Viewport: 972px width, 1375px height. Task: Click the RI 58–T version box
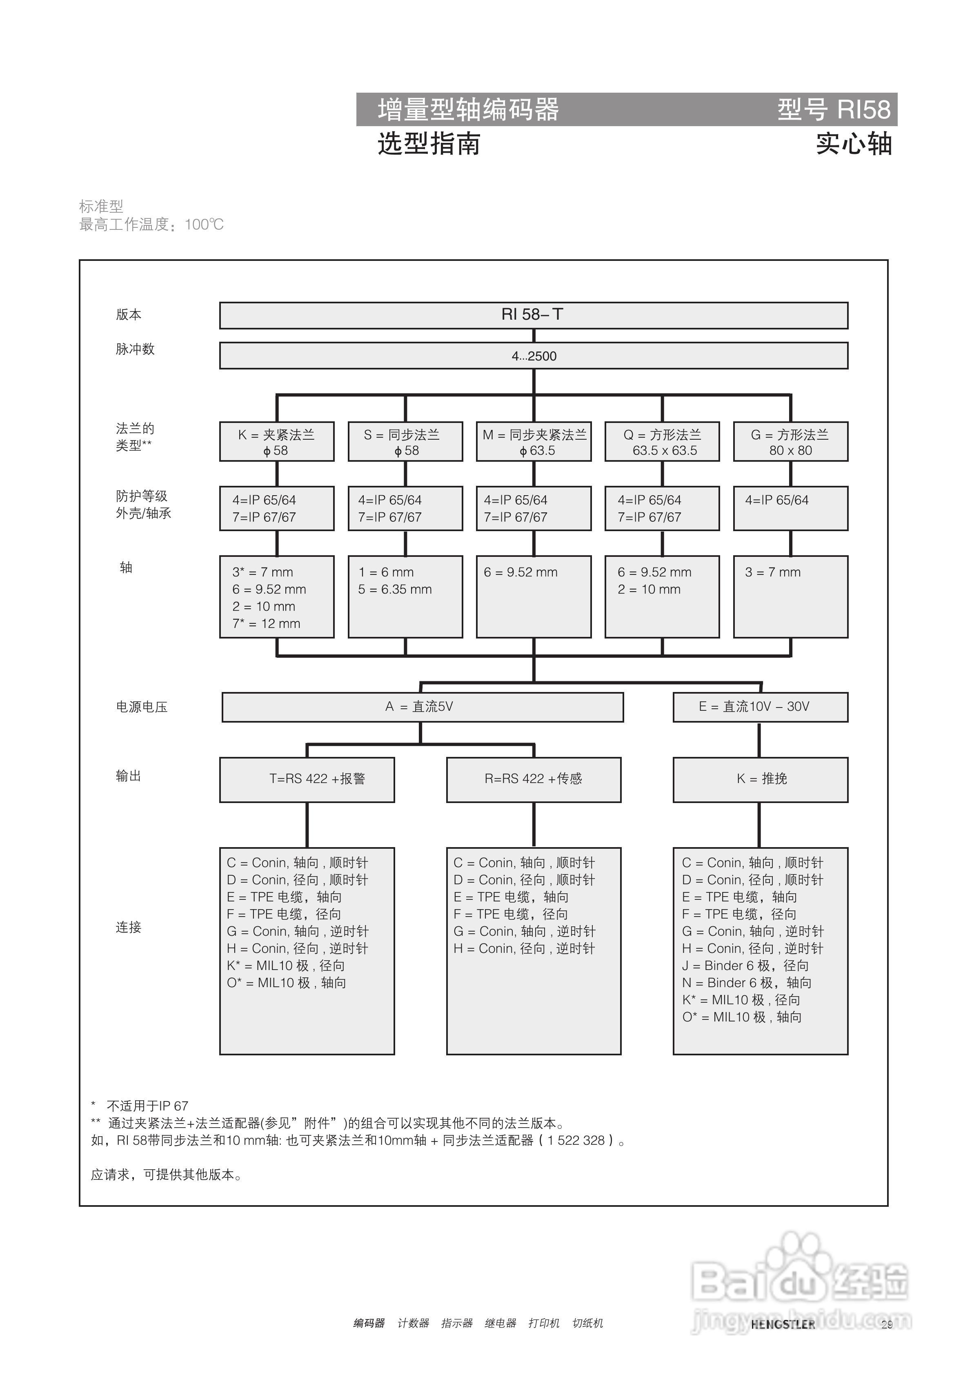click(533, 315)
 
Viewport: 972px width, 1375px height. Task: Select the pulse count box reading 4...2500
click(533, 356)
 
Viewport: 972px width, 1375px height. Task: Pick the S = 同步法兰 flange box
click(405, 442)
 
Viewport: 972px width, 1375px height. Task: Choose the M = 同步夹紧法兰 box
click(534, 442)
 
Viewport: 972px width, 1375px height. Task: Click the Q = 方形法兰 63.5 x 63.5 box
click(662, 442)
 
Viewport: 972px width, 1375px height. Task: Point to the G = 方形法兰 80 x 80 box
click(790, 442)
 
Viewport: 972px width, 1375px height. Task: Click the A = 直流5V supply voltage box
click(422, 707)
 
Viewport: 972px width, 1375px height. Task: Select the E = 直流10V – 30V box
click(760, 707)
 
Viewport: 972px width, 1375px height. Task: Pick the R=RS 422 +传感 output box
click(533, 779)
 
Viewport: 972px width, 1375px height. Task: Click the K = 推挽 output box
click(760, 779)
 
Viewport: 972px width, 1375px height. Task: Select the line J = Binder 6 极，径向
click(745, 966)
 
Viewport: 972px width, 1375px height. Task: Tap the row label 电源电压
click(141, 707)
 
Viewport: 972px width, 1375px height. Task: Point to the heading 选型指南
click(428, 144)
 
